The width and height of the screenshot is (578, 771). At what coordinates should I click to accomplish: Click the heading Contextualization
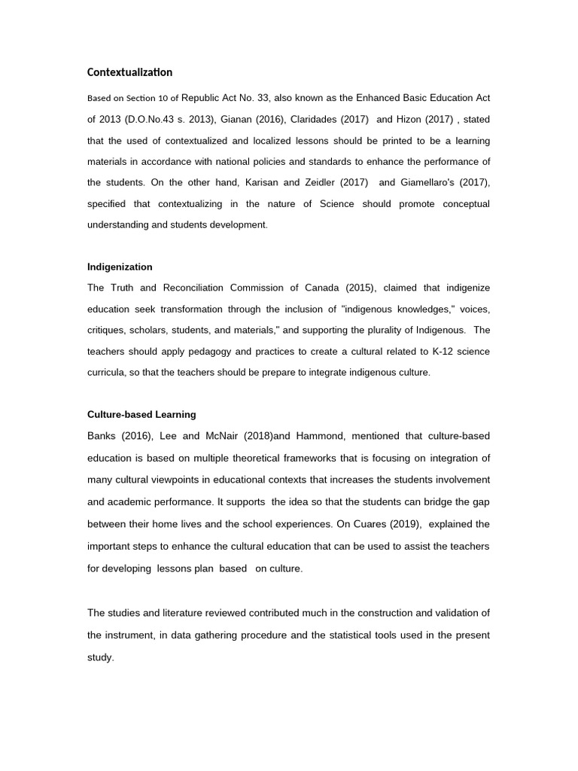pos(129,73)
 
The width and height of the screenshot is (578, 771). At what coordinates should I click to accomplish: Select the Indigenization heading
pos(120,267)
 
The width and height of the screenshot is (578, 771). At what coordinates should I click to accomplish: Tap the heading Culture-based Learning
pos(141,414)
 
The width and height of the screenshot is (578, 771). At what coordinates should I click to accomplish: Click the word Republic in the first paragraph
pos(203,98)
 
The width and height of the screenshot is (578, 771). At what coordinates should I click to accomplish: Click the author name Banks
pos(102,436)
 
